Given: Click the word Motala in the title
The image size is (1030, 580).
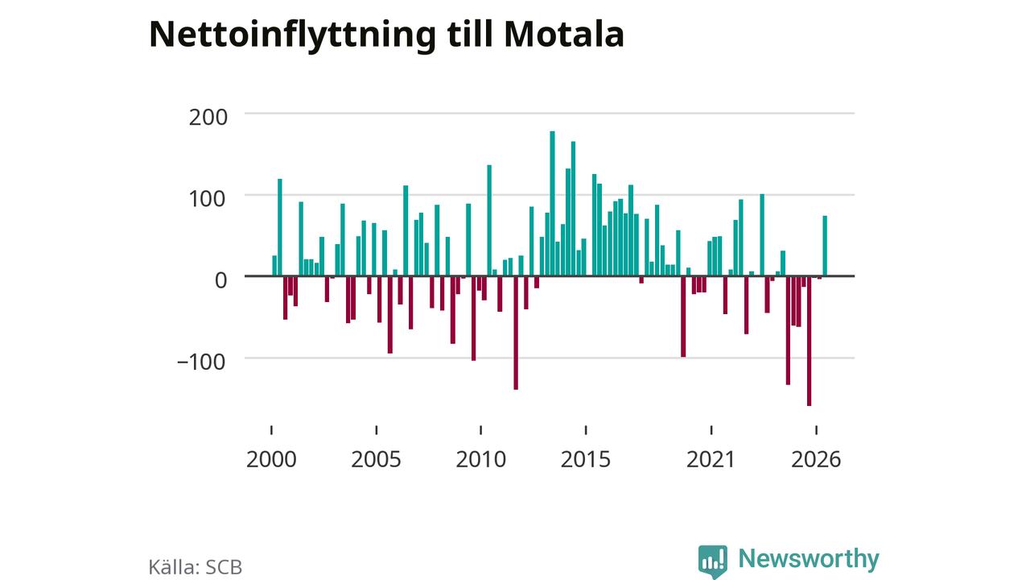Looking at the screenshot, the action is click(564, 34).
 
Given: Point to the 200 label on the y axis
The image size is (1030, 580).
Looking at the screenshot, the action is click(208, 117).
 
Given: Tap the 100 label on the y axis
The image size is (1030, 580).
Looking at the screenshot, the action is click(207, 199).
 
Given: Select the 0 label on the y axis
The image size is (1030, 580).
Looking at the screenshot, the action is click(220, 280).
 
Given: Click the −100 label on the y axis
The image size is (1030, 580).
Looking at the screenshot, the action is click(201, 362).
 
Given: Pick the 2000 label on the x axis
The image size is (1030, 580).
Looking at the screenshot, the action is click(271, 459).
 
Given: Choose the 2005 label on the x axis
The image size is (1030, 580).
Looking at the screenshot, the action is click(376, 459).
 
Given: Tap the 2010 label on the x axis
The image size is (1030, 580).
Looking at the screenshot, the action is click(481, 459).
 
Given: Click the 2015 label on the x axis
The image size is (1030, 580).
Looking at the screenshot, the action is click(586, 459).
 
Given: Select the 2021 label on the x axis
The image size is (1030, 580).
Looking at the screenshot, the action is click(711, 459).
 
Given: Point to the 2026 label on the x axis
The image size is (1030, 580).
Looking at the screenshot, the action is click(816, 459).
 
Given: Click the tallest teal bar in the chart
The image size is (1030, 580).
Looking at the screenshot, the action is click(552, 204).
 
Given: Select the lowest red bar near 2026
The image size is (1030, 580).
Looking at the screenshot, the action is click(810, 341).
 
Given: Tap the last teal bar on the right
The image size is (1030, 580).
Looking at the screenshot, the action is click(825, 246).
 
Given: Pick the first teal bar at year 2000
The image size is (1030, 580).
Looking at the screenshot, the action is click(274, 266).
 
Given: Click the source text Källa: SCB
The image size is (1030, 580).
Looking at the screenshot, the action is click(196, 567).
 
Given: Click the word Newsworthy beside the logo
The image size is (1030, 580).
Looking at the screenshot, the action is click(809, 558).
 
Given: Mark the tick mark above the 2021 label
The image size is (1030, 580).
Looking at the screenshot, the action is click(711, 430).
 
